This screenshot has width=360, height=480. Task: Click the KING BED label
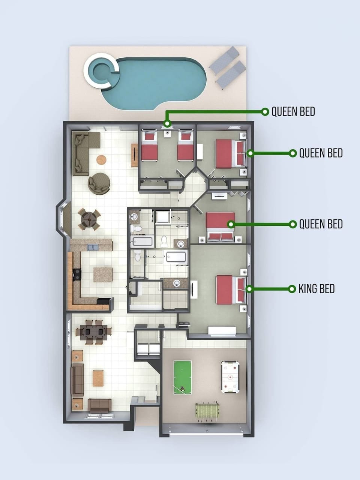pyautogui.click(x=316, y=289)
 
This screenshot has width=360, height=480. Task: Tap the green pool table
pyautogui.click(x=183, y=377)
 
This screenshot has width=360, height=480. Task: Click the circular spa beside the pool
pyautogui.click(x=102, y=71)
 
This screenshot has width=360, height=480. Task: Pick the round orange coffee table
pyautogui.click(x=101, y=160)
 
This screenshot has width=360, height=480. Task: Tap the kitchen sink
pyautogui.click(x=93, y=247)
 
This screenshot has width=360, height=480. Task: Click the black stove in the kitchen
pyautogui.click(x=77, y=274)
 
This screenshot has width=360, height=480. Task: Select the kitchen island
pyautogui.click(x=103, y=274)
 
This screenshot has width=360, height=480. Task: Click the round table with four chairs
pyautogui.click(x=89, y=219)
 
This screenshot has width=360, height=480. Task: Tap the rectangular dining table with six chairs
pyautogui.click(x=93, y=333)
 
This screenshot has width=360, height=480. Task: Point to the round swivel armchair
pyautogui.click(x=99, y=183)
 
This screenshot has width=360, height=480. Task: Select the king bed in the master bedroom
pyautogui.click(x=231, y=290)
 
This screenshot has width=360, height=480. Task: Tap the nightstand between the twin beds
pyautogui.click(x=168, y=134)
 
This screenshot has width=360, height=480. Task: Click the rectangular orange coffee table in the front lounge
pyautogui.click(x=98, y=378)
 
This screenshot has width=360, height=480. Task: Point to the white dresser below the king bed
pyautogui.click(x=222, y=331)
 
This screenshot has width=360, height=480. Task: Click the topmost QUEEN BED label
pyautogui.click(x=293, y=112)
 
